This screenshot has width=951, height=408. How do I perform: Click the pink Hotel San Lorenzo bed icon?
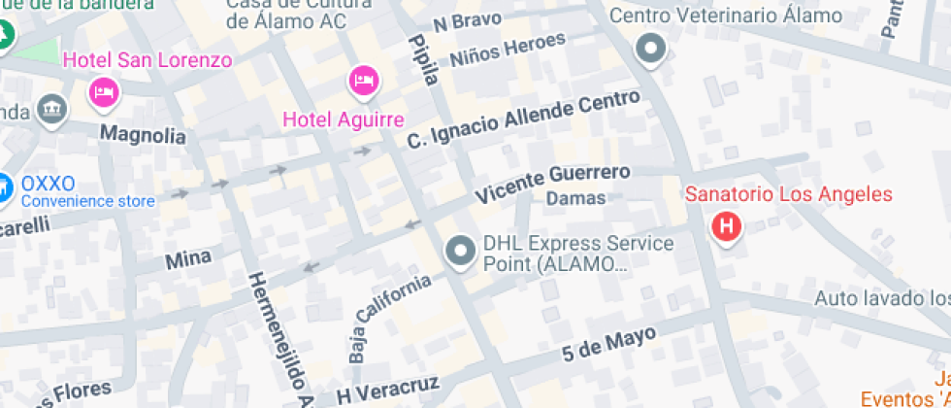tap(103, 93)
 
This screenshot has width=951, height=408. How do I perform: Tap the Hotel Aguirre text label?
tap(343, 120)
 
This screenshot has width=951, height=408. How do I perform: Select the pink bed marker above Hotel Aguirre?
tap(363, 80)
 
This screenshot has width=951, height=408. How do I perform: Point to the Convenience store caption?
tap(87, 202)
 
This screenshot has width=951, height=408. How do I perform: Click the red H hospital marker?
tap(726, 228)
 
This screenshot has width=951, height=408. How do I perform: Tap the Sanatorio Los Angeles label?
tap(788, 194)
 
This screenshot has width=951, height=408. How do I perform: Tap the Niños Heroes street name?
tap(508, 49)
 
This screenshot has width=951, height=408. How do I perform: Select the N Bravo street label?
tap(467, 21)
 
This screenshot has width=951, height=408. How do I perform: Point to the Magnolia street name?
tap(143, 134)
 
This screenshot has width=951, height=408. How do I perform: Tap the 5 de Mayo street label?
tap(608, 346)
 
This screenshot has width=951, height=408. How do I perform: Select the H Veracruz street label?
tap(388, 388)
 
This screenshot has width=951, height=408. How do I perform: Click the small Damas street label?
tap(575, 198)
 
